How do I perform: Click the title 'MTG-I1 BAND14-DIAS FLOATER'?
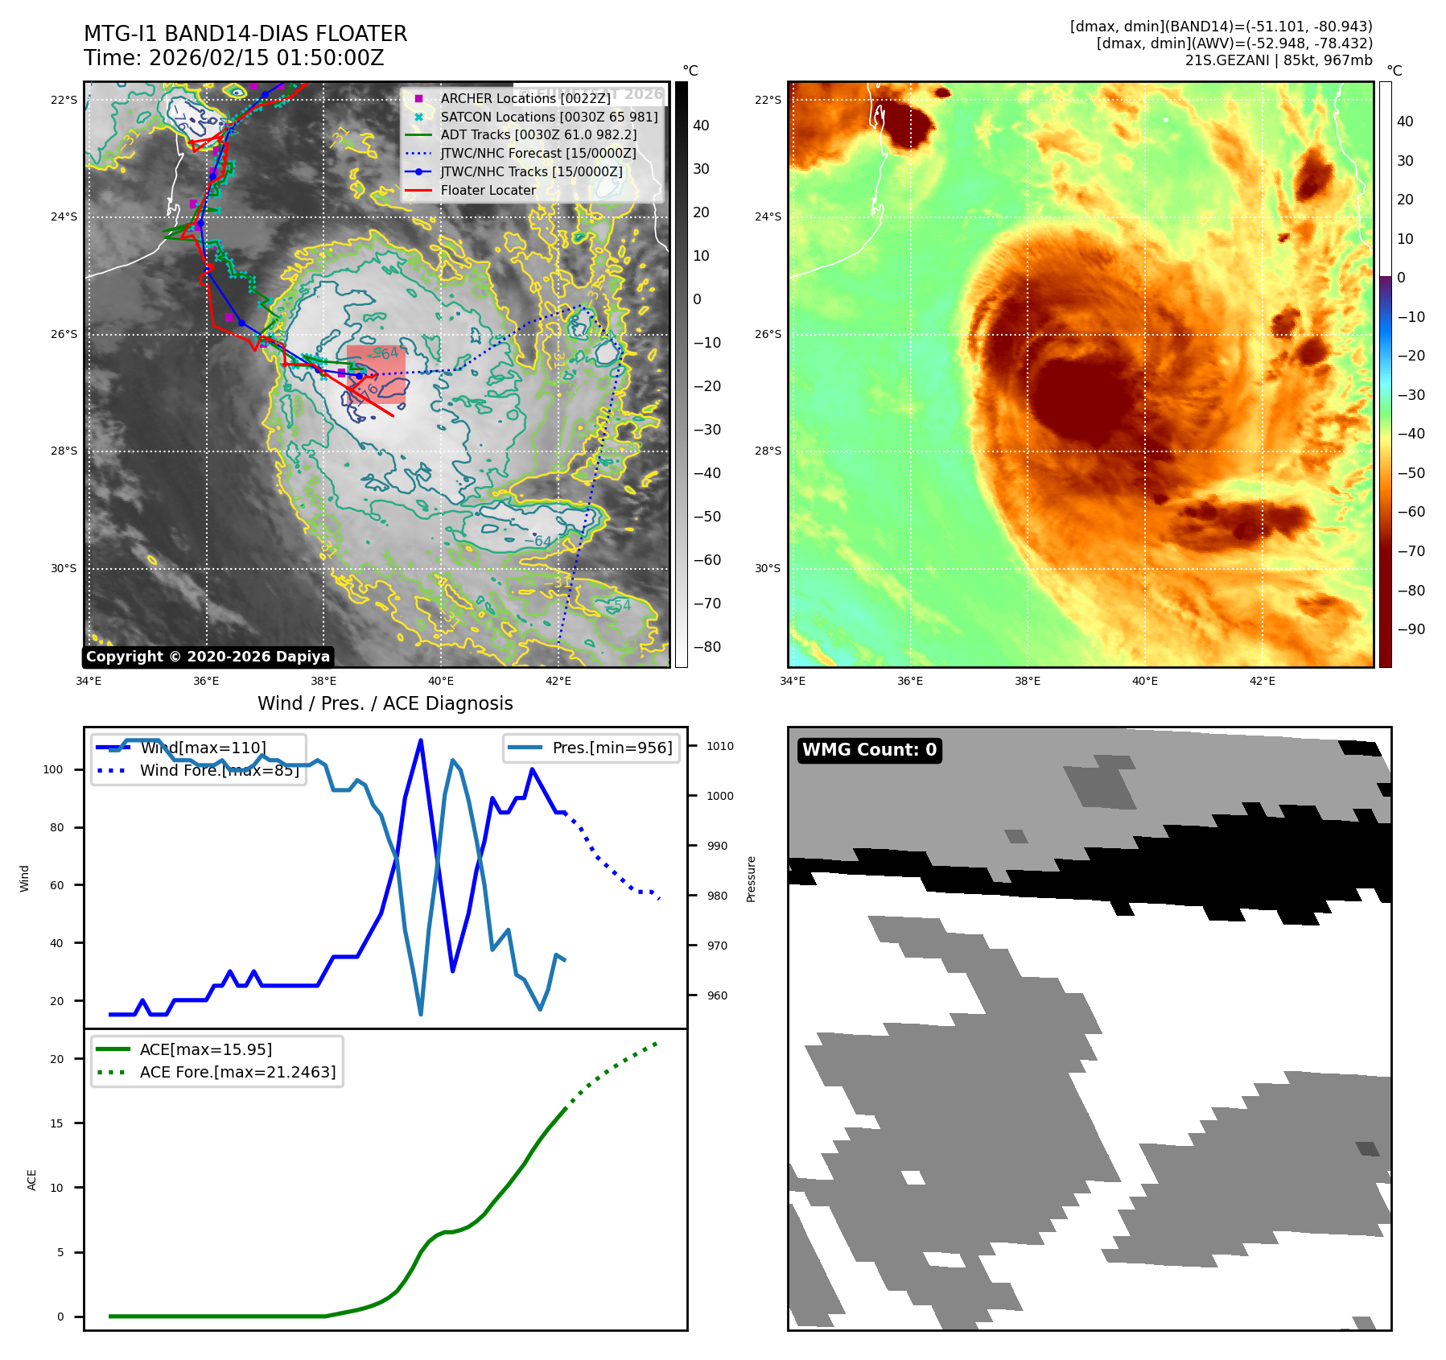(245, 34)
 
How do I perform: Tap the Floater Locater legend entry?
(488, 190)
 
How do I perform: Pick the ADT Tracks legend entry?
(538, 134)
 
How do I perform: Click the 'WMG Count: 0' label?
(869, 750)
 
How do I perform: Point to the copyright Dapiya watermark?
(208, 657)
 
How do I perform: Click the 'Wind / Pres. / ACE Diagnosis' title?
(385, 703)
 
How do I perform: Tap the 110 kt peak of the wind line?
(421, 740)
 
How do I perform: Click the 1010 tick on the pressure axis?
(720, 746)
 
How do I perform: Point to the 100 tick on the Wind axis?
(53, 769)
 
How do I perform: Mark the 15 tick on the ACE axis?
(56, 1123)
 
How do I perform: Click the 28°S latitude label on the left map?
(64, 451)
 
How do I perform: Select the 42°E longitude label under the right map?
(1262, 681)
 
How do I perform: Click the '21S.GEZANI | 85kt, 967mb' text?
(1279, 60)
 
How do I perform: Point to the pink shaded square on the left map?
(376, 374)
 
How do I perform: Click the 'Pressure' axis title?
(751, 879)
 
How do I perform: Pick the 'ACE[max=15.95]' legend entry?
(205, 1049)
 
